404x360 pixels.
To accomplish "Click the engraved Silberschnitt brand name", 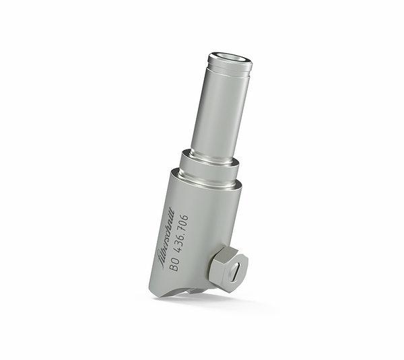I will point(168,233).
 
